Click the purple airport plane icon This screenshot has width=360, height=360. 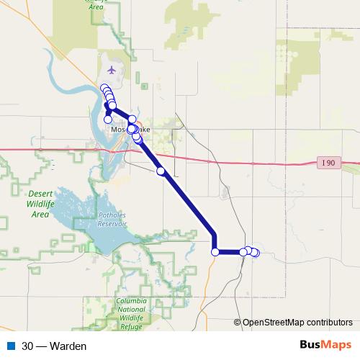(111, 70)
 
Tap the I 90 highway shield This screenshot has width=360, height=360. (328, 163)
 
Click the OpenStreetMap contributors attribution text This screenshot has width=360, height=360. (297, 323)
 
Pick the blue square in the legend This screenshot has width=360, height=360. (11, 346)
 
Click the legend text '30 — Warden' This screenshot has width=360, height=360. (54, 346)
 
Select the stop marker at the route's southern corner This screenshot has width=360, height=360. (215, 251)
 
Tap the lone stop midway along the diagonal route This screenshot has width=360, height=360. (161, 171)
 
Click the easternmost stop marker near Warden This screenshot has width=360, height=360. (255, 252)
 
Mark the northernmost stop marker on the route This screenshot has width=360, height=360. (104, 88)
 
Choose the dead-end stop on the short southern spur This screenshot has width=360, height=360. (108, 120)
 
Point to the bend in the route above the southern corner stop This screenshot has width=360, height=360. (214, 234)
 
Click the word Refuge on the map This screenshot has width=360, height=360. (131, 326)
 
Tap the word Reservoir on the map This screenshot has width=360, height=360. (112, 224)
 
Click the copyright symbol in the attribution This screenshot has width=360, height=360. (238, 323)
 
